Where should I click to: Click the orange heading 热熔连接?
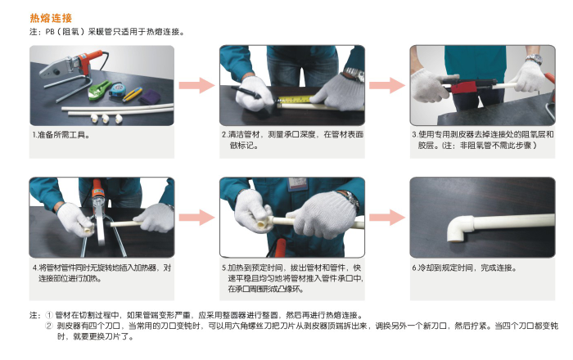[x=51, y=18]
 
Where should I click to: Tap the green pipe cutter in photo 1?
[x=99, y=89]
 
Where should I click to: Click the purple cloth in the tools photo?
[x=149, y=97]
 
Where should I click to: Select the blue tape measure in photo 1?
[x=116, y=89]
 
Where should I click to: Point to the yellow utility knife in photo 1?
[x=133, y=94]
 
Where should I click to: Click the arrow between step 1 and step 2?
[x=196, y=85]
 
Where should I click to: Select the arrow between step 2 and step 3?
[x=387, y=85]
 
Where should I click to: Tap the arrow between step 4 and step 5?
[x=196, y=218]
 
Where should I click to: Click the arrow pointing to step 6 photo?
[x=387, y=218]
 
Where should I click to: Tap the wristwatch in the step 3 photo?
[x=534, y=59]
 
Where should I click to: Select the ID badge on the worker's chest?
[x=296, y=183]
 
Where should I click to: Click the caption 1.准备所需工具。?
[x=61, y=135]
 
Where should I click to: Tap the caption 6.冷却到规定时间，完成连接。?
[x=464, y=268]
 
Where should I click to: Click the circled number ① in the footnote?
[x=49, y=315]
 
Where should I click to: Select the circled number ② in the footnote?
[x=49, y=326]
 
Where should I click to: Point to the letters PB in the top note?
[x=50, y=32]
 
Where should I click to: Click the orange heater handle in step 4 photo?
[x=97, y=188]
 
